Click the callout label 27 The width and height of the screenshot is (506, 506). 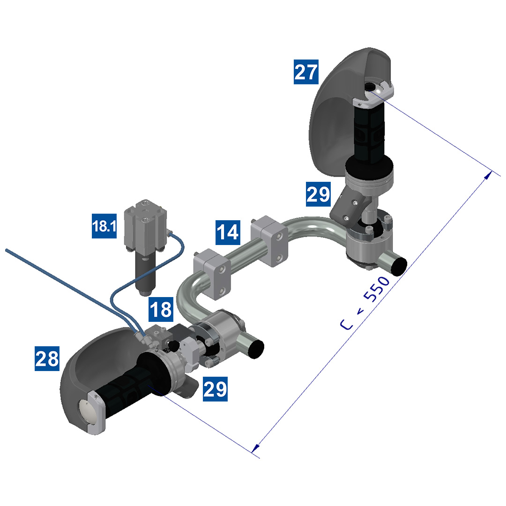(306, 72)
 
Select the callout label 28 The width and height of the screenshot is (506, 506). (47, 358)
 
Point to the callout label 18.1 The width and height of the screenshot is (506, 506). (104, 227)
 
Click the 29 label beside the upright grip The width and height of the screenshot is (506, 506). (318, 194)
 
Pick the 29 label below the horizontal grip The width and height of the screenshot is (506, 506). (215, 388)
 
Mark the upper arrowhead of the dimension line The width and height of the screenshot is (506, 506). (488, 175)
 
